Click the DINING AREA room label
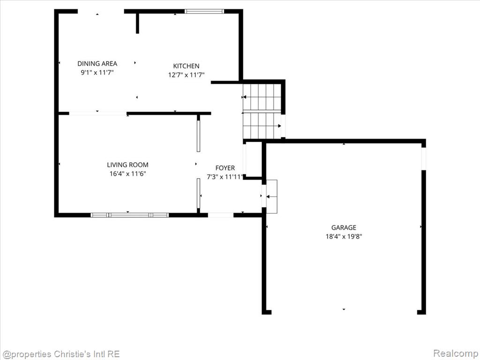tap(97, 64)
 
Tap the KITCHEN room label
tap(186, 66)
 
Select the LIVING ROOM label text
tap(127, 165)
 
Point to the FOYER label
tap(225, 168)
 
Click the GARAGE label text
tap(344, 227)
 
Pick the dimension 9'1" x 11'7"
tap(97, 73)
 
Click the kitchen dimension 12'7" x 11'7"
tap(186, 75)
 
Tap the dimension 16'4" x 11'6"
tap(127, 174)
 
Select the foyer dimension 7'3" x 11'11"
tap(225, 177)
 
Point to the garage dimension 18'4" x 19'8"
tap(344, 236)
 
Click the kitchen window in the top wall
tap(204, 12)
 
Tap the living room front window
tap(130, 215)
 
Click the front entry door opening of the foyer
tap(221, 215)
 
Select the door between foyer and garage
tap(263, 196)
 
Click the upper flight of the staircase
tap(262, 97)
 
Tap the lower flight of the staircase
tap(262, 126)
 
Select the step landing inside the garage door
tap(272, 196)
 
